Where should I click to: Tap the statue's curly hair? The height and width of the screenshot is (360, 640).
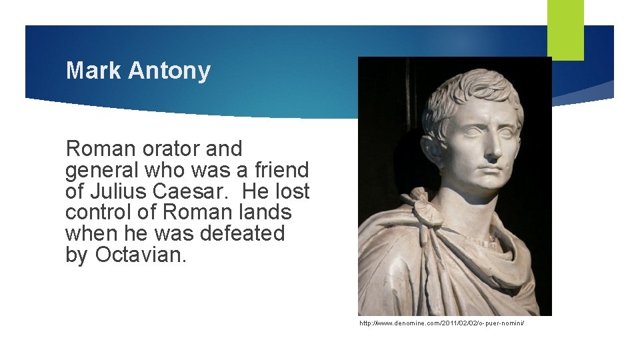(x=473, y=90)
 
